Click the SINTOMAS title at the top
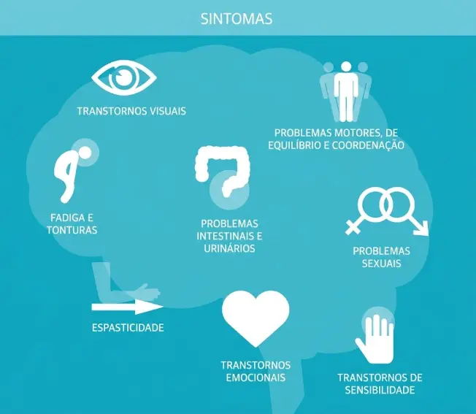click(237, 18)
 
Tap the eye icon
click(124, 77)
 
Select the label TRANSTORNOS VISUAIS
click(131, 111)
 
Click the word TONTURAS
click(72, 230)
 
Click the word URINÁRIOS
click(229, 248)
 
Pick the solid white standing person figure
click(346, 91)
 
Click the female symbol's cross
click(353, 226)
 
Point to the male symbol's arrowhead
click(423, 229)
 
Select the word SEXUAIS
click(381, 264)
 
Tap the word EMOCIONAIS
click(256, 377)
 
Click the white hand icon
click(375, 338)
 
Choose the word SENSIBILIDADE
click(380, 390)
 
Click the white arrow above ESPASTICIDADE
click(128, 307)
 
